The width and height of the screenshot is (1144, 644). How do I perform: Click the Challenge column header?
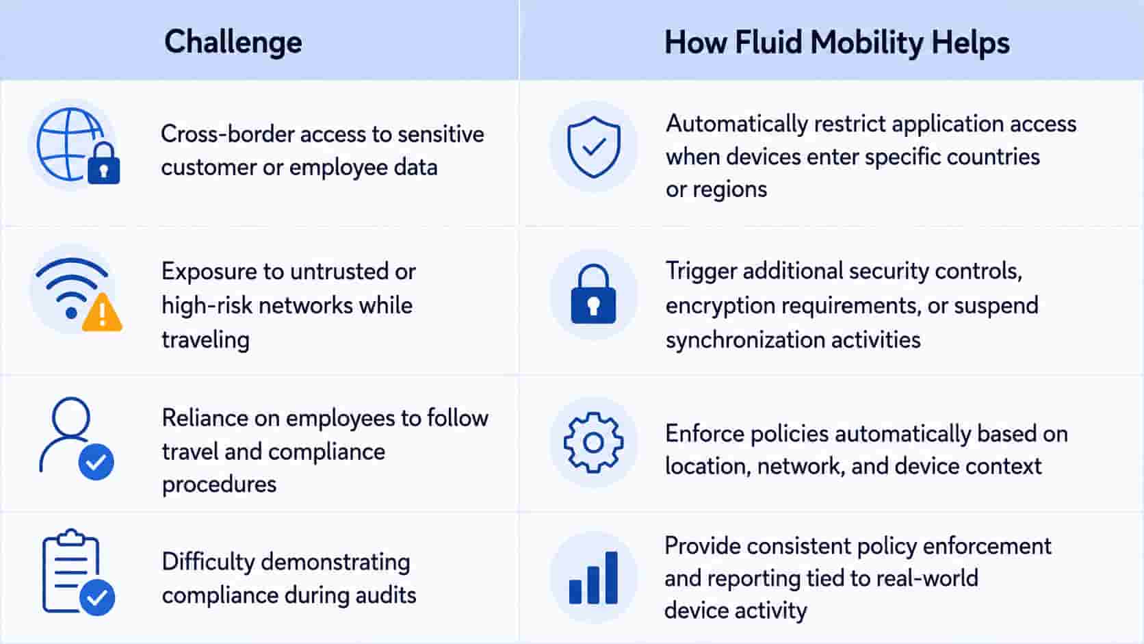[x=233, y=42]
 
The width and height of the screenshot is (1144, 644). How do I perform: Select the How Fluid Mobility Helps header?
[x=837, y=42]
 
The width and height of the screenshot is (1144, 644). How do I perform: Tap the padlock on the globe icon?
[x=104, y=163]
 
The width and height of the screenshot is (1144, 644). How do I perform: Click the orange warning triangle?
[x=102, y=312]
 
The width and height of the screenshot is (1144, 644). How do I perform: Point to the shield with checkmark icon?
[x=593, y=147]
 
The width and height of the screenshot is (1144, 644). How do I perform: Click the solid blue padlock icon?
[x=593, y=294]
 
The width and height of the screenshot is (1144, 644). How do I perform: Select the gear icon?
[x=593, y=442]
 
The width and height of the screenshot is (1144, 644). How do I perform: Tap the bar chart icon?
[x=593, y=578]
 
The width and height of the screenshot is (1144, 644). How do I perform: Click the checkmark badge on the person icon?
[x=96, y=462]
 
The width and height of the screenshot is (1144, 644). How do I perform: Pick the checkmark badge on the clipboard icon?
[x=97, y=597]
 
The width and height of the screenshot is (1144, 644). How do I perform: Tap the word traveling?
[x=206, y=340]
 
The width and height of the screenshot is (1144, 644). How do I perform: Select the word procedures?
[x=219, y=485]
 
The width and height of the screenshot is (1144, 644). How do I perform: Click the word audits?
[x=386, y=595]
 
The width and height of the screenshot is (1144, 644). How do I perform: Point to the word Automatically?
[x=736, y=125]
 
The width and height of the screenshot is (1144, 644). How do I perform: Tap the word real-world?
[x=927, y=578]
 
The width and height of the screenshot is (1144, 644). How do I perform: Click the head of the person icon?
[x=71, y=417]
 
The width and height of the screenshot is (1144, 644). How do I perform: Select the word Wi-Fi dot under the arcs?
[x=71, y=313]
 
